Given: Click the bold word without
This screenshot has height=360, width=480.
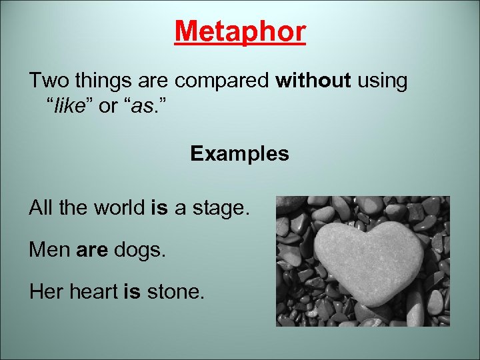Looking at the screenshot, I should coord(313,81).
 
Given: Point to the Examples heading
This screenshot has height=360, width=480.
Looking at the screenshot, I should coord(239,154).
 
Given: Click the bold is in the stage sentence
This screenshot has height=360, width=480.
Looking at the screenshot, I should coord(159,209).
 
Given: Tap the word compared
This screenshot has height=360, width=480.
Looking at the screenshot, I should coord(223,81).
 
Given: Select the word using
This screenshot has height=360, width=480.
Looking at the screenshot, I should coord(382,81).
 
